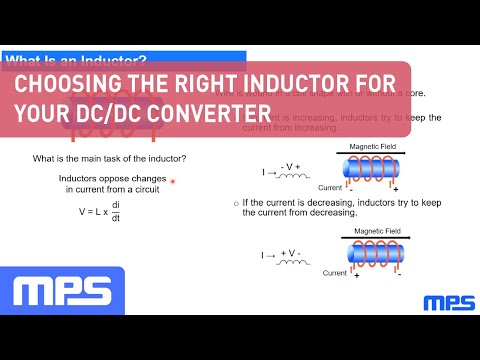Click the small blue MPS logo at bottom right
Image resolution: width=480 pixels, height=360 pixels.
click(x=448, y=302)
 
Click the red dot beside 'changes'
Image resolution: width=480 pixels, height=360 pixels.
click(x=173, y=181)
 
